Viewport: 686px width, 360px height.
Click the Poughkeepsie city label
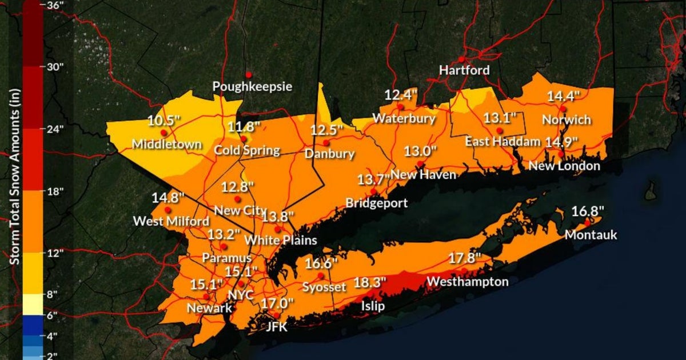252,87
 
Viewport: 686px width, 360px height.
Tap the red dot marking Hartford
461,59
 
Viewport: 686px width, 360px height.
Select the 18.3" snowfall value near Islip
370,282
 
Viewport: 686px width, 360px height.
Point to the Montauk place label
591,235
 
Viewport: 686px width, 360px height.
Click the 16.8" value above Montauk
588,211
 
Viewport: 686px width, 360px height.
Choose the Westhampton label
467,282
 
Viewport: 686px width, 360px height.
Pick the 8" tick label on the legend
53,294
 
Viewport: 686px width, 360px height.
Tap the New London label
564,166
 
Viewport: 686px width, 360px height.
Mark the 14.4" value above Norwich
563,96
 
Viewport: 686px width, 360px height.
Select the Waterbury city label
404,119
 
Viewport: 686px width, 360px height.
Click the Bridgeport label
376,203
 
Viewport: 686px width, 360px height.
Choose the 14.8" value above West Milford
168,198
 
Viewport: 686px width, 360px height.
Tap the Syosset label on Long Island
324,287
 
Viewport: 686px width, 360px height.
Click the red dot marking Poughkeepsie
249,74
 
